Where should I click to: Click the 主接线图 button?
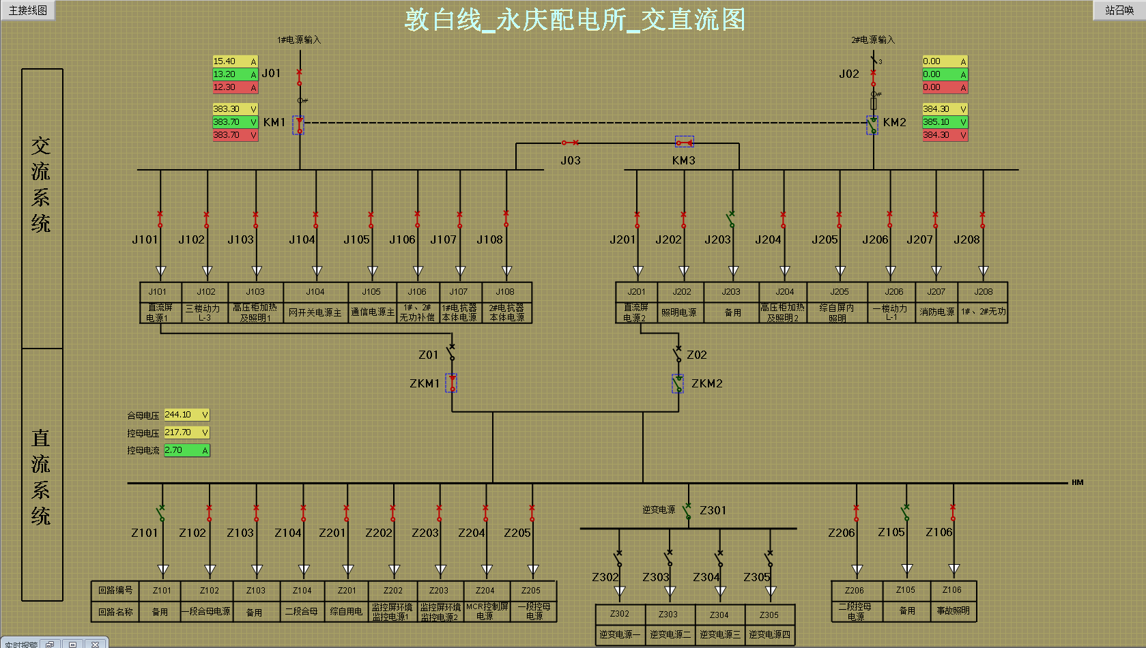(x=28, y=10)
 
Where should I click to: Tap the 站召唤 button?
(x=1119, y=10)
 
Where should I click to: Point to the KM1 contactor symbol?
(x=299, y=125)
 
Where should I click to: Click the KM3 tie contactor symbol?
(x=685, y=143)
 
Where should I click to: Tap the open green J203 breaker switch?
(x=732, y=219)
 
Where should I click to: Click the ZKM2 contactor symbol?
(x=678, y=384)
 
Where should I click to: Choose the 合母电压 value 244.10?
(x=186, y=415)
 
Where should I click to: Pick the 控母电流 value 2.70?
(x=186, y=450)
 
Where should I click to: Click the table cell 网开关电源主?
(x=315, y=312)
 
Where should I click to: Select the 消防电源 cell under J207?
(x=936, y=312)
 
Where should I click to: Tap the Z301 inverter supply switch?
(x=688, y=510)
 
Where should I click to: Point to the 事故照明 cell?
(x=953, y=610)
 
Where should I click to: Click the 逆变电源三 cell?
(x=719, y=634)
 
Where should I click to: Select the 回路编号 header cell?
(x=115, y=591)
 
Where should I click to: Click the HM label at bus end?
(x=1077, y=483)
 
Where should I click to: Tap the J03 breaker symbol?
(x=570, y=143)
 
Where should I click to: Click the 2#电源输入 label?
(x=872, y=40)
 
